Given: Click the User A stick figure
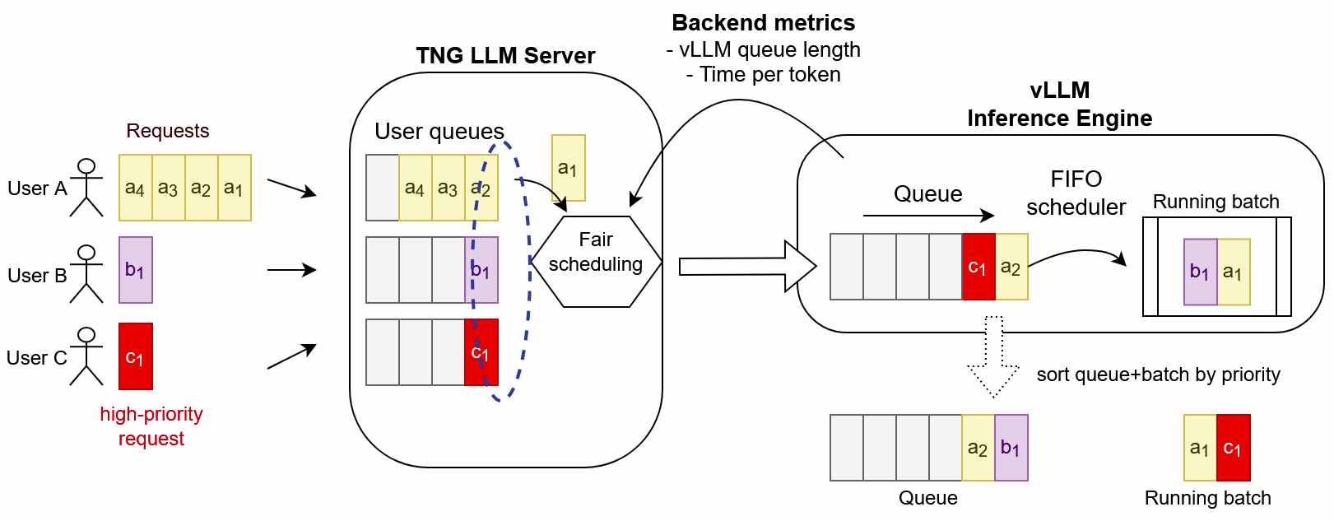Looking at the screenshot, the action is (x=86, y=188).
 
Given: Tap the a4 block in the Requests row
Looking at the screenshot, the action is (x=136, y=188).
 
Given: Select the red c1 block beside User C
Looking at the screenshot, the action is (x=136, y=356).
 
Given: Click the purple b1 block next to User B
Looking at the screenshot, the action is (x=136, y=270).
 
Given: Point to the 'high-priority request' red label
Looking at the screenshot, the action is (x=151, y=426).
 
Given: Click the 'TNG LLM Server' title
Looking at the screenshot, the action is (x=505, y=55).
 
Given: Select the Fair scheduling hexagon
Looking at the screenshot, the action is (x=596, y=262).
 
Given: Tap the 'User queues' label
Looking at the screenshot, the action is (x=439, y=131).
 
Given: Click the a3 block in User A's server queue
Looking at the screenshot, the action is (x=448, y=188).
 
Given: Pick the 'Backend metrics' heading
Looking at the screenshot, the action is (x=764, y=22).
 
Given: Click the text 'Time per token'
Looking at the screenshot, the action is (x=770, y=74).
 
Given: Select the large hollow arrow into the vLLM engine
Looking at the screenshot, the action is (x=747, y=266).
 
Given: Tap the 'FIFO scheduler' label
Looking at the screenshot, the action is (x=1076, y=193).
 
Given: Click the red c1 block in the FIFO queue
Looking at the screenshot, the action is (x=978, y=266).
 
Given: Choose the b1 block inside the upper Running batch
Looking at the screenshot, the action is (x=1200, y=272).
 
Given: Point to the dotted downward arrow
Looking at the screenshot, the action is (x=993, y=356).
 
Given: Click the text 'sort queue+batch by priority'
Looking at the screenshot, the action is (x=1159, y=374).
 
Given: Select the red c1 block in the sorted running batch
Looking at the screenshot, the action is (x=1234, y=447).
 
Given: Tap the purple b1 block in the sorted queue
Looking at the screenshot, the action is (x=1011, y=447).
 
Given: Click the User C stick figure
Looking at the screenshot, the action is (x=86, y=356).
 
